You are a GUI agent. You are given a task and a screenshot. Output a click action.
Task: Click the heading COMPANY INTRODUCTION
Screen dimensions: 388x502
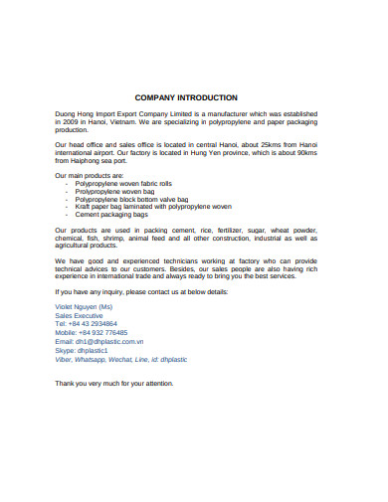coord(185,97)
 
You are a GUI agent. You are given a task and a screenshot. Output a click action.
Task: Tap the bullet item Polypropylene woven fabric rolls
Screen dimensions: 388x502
coord(116,184)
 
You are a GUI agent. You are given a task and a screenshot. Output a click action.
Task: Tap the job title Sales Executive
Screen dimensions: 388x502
coord(81,316)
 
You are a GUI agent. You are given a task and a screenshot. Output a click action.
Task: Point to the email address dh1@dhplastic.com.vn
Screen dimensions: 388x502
coord(109,341)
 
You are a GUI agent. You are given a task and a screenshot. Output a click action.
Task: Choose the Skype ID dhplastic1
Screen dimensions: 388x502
coord(91,350)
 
